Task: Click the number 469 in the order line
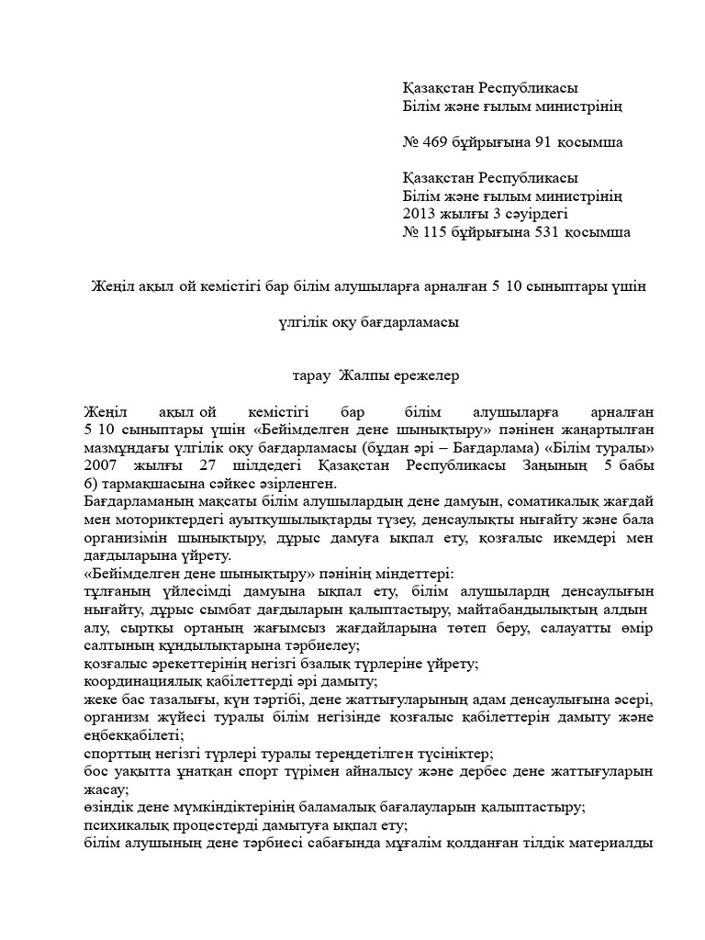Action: (x=437, y=142)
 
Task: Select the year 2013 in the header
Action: (x=419, y=214)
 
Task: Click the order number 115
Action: (x=437, y=232)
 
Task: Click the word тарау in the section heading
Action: (x=311, y=375)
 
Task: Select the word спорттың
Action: (x=114, y=753)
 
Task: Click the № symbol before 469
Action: (x=411, y=142)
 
